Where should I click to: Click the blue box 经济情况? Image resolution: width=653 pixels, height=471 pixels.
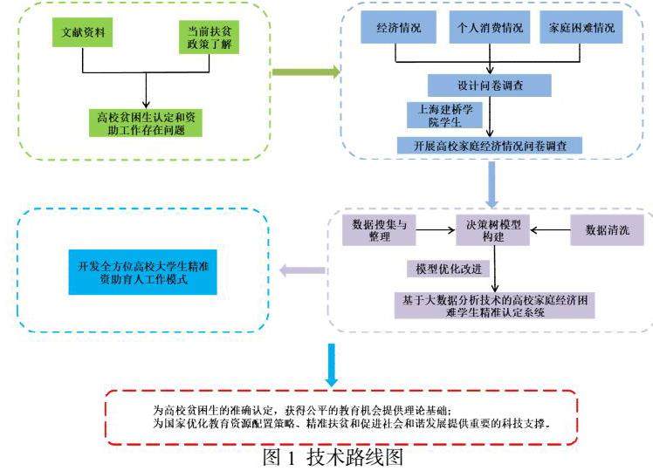[x=399, y=29]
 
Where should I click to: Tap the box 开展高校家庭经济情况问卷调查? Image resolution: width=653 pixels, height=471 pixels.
[x=490, y=146]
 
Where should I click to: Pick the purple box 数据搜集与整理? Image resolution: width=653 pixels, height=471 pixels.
[x=380, y=230]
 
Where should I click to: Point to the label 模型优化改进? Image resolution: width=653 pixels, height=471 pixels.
[x=448, y=267]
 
